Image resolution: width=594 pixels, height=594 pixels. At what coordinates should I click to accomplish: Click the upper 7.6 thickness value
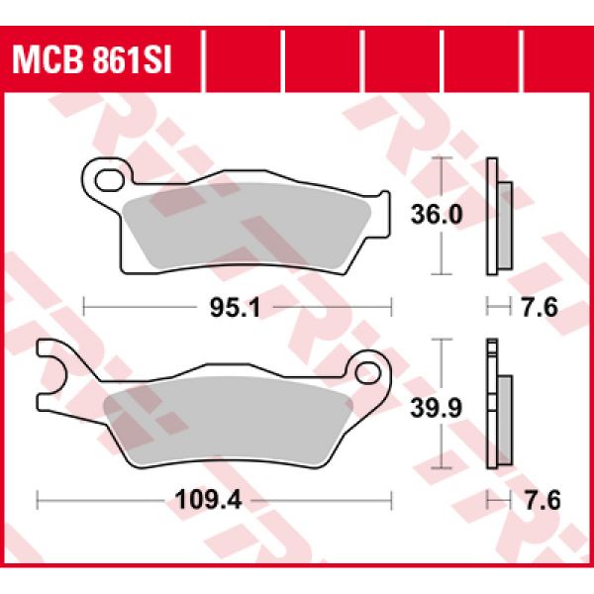[541, 309]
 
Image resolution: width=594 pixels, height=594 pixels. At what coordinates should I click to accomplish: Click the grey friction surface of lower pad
[228, 416]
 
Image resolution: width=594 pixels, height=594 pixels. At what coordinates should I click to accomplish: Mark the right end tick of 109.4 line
[394, 500]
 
